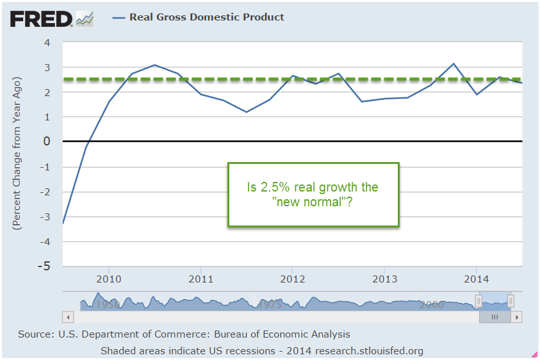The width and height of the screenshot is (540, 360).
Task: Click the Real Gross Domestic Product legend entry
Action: (x=206, y=17)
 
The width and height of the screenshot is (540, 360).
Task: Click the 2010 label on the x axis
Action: (x=108, y=279)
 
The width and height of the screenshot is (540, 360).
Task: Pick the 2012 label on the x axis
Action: (x=291, y=279)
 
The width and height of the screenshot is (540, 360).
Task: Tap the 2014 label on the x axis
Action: (x=475, y=279)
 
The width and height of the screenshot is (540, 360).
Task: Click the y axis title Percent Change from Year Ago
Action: (x=17, y=154)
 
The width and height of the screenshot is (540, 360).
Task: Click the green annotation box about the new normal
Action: (x=313, y=194)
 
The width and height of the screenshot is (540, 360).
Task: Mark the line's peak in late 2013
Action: (x=454, y=63)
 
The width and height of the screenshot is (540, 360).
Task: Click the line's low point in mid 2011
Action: (x=246, y=112)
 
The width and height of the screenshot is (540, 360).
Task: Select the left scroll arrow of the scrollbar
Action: (x=66, y=316)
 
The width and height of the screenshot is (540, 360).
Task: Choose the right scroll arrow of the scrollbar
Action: (x=517, y=316)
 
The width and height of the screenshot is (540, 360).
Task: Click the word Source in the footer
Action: (x=36, y=334)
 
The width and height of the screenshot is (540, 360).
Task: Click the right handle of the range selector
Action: (x=511, y=301)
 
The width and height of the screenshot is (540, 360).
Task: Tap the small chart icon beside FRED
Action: (x=85, y=19)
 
